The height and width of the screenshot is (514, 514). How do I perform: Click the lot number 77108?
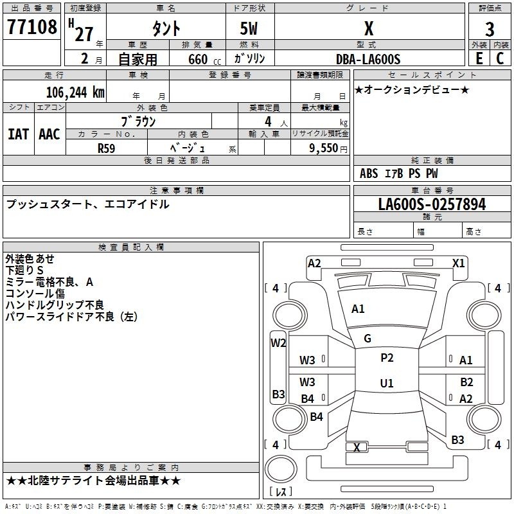(31, 26)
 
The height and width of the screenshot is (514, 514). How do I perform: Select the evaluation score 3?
(490, 29)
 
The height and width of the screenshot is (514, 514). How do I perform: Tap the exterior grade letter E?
(479, 58)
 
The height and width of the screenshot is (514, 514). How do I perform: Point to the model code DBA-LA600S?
(368, 59)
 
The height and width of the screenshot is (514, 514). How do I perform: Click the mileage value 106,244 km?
(75, 92)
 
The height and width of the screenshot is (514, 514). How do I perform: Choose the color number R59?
(106, 148)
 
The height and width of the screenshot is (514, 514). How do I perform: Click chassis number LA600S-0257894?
(432, 204)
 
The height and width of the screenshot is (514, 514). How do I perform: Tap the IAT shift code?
(18, 134)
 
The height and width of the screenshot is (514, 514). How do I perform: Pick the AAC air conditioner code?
(49, 134)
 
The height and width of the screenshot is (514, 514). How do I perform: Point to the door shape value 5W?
(249, 28)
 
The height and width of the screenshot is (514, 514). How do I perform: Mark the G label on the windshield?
(368, 339)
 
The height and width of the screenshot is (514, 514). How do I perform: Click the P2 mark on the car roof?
(387, 358)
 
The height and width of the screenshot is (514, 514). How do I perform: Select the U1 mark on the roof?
(387, 383)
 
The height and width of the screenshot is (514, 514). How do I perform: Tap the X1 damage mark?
(458, 263)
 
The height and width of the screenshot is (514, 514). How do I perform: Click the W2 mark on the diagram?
(278, 343)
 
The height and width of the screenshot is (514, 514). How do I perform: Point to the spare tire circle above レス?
(281, 469)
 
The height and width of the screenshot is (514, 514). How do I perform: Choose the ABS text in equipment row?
(369, 173)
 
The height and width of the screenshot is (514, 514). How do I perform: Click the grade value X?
(369, 28)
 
